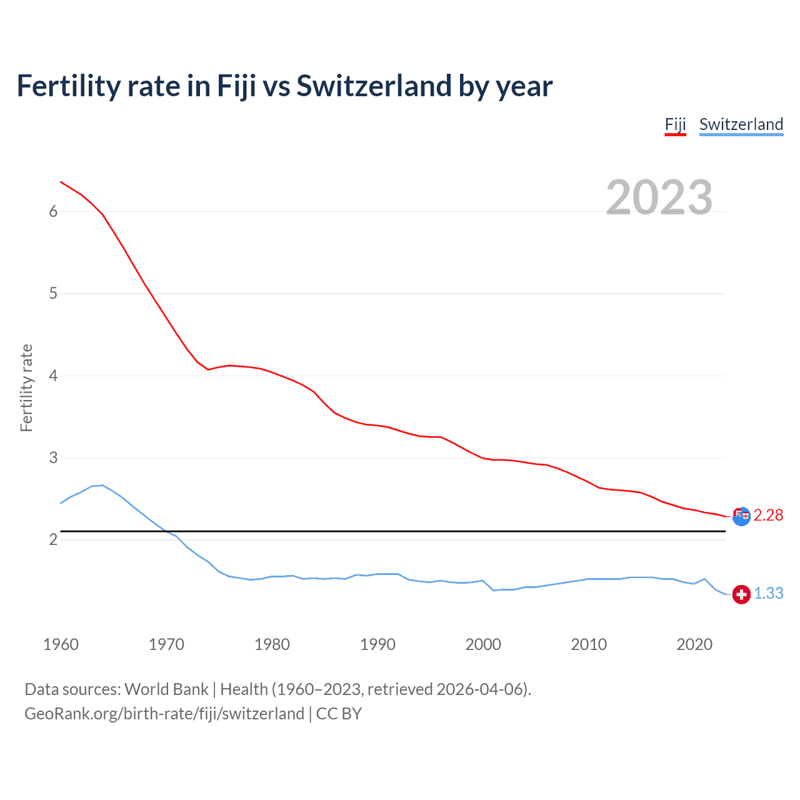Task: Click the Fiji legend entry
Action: [675, 124]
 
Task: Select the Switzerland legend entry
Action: [741, 124]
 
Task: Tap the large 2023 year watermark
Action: [659, 197]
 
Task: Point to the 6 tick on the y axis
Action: [53, 211]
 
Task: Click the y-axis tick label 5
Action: [53, 293]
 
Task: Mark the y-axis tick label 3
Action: [53, 457]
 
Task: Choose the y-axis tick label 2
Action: [53, 539]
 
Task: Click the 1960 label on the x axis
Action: [61, 644]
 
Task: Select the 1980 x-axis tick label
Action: [272, 644]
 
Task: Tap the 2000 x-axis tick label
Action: [483, 644]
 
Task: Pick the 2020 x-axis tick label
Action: [694, 644]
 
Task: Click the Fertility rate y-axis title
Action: [26, 387]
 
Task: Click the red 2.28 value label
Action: [768, 515]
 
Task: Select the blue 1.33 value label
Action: [768, 593]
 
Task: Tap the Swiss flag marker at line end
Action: [741, 594]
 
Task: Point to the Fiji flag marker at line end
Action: [741, 516]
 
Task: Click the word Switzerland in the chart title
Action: [374, 86]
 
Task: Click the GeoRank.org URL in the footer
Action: [164, 714]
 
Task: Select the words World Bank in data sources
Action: [166, 689]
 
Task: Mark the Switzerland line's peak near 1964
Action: [102, 485]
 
